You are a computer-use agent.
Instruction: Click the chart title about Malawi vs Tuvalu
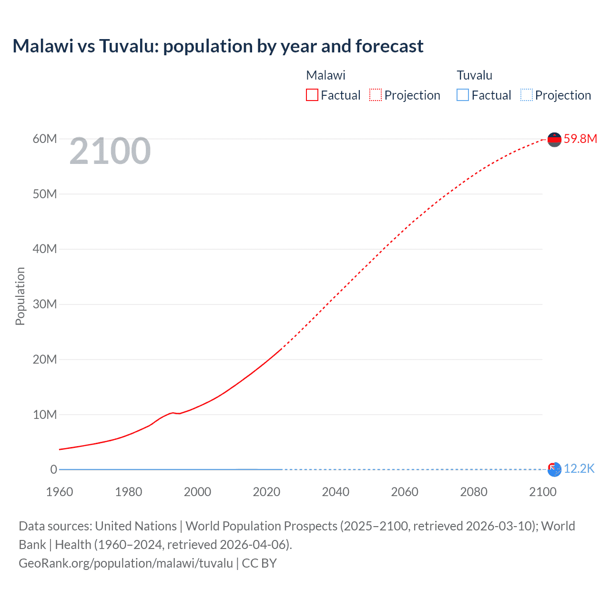click(x=218, y=46)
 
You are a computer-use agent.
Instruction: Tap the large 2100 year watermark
click(x=110, y=151)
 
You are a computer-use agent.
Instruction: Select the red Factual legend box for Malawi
click(x=312, y=95)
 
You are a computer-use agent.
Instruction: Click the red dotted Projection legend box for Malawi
click(x=376, y=95)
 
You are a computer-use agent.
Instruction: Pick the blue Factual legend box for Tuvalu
click(x=462, y=95)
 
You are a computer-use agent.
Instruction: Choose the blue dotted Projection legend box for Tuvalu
click(x=526, y=95)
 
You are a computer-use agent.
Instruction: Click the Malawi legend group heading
click(x=325, y=75)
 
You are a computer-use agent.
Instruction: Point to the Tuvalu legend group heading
click(x=474, y=75)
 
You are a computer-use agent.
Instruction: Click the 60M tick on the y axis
click(x=45, y=139)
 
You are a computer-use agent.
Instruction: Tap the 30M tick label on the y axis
click(x=45, y=304)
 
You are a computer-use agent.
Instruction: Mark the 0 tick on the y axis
click(x=53, y=469)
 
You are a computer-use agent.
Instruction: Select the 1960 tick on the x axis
click(x=60, y=492)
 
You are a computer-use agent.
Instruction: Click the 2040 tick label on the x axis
click(x=335, y=492)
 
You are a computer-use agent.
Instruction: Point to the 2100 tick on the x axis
click(x=542, y=492)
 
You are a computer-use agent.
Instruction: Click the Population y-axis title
click(x=20, y=296)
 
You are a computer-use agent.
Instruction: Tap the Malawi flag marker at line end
click(x=554, y=139)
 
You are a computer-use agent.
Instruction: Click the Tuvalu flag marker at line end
click(x=554, y=469)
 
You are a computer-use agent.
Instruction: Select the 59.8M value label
click(x=580, y=139)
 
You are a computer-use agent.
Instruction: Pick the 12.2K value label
click(x=579, y=469)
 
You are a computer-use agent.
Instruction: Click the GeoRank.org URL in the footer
click(x=126, y=563)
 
